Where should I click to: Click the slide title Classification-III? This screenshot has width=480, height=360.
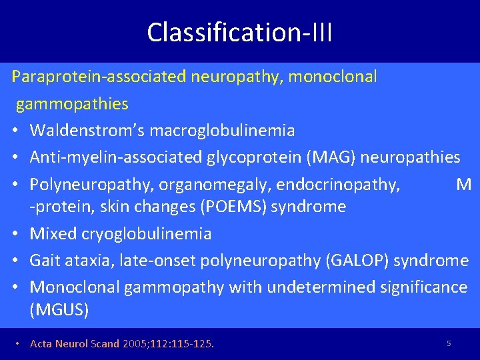click(239, 32)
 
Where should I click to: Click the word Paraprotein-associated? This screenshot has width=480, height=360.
click(99, 77)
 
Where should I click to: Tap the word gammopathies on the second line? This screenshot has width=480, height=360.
click(72, 104)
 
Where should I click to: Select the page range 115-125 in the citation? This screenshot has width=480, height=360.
click(193, 344)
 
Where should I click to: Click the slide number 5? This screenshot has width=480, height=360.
click(449, 343)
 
